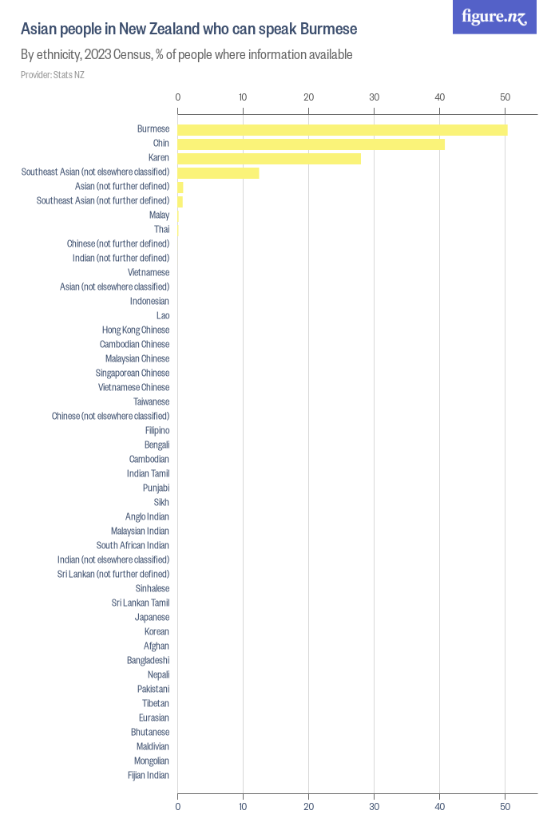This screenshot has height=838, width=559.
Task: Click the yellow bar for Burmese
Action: (x=343, y=130)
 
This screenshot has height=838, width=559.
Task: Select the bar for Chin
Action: (x=311, y=144)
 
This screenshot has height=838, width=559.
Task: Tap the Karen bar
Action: (x=269, y=159)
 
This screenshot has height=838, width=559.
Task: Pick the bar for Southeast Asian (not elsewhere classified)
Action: (x=218, y=173)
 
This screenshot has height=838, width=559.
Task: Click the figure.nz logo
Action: (x=494, y=17)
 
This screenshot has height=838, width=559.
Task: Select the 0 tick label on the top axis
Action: (x=178, y=97)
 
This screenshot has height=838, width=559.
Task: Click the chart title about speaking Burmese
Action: (x=188, y=29)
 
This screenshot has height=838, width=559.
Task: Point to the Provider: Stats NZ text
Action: (x=53, y=75)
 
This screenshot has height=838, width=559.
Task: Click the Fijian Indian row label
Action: (x=149, y=776)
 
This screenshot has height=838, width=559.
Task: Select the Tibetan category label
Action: (x=156, y=703)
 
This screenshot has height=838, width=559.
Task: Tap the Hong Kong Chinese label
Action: (x=136, y=330)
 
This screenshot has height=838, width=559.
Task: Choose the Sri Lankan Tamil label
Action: (x=141, y=603)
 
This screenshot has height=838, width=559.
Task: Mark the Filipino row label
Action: (x=157, y=431)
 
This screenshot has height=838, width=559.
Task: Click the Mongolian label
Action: (x=152, y=761)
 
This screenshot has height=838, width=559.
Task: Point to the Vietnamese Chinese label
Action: (x=133, y=387)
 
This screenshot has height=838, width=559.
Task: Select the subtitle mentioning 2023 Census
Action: (x=187, y=55)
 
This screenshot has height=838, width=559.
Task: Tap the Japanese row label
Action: (x=152, y=617)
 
